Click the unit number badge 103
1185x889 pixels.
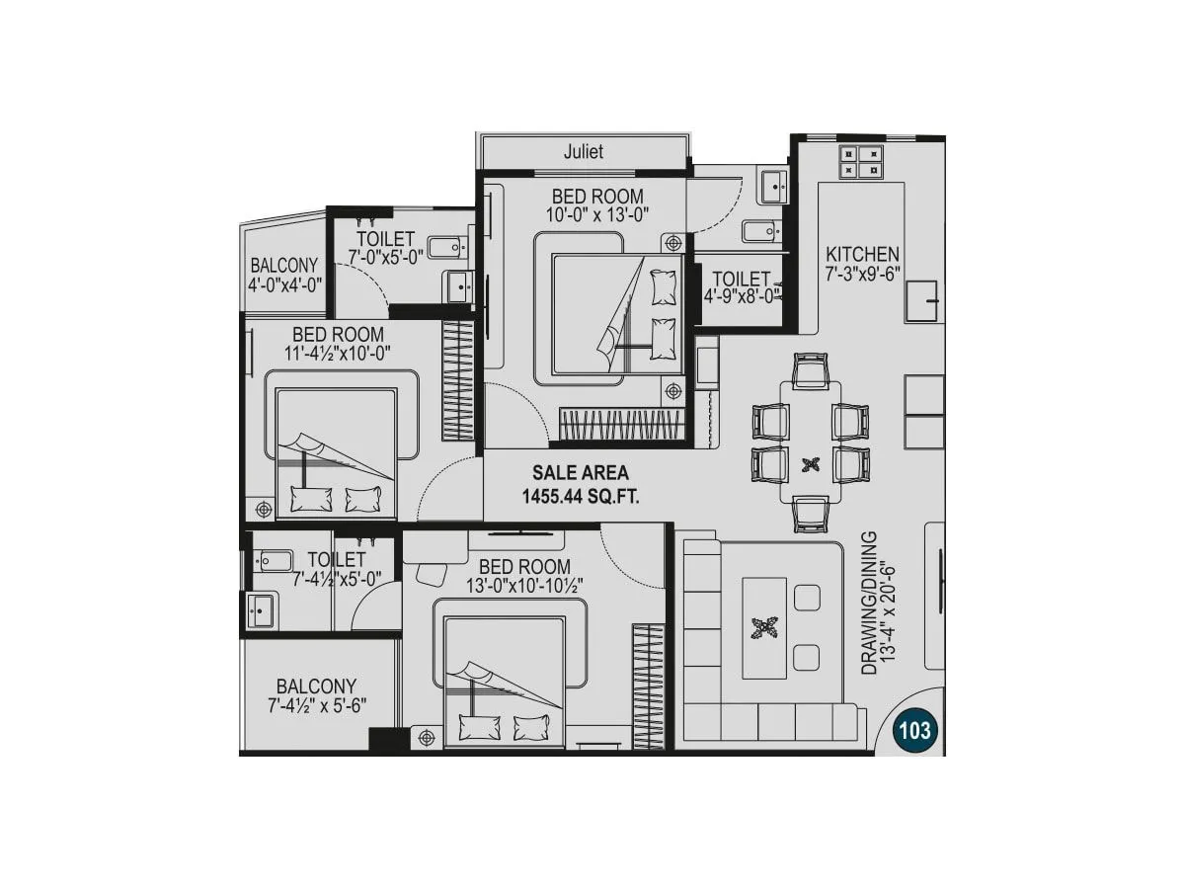913,731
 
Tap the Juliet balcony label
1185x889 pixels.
583,152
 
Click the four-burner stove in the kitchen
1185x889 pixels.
861,161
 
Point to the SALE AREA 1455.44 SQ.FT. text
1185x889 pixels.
581,485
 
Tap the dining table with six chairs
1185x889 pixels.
811,443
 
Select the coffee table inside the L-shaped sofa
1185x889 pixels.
765,628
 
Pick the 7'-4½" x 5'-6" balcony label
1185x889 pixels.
316,695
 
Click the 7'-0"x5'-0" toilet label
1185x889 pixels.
386,248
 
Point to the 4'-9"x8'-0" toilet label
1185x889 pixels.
741,287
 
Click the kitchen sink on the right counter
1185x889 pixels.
921,300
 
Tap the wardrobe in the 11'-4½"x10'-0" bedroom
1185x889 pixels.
458,383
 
